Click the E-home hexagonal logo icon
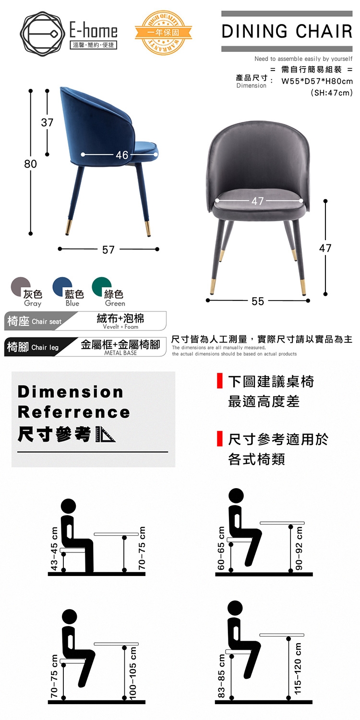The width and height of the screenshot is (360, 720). [40, 34]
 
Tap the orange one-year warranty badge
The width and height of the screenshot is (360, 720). [163, 32]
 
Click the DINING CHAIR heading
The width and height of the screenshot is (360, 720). [287, 31]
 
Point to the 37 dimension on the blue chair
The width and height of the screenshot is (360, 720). [47, 122]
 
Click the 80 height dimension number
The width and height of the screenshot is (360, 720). [31, 164]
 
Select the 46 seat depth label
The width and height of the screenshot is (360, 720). [122, 155]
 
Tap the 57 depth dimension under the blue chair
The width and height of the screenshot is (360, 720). [108, 250]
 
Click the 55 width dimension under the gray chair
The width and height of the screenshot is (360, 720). [258, 301]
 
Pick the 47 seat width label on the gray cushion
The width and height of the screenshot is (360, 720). [258, 201]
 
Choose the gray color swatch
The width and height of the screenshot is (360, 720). [20, 287]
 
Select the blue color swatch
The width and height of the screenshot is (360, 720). [62, 287]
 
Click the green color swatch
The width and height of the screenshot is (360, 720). [101, 287]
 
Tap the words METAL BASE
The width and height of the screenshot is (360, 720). [120, 353]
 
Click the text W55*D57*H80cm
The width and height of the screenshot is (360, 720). [317, 81]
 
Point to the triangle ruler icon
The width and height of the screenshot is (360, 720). [106, 434]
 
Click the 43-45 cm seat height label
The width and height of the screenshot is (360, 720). [54, 548]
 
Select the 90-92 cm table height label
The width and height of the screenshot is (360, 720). [299, 548]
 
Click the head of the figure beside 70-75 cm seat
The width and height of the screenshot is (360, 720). [70, 617]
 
